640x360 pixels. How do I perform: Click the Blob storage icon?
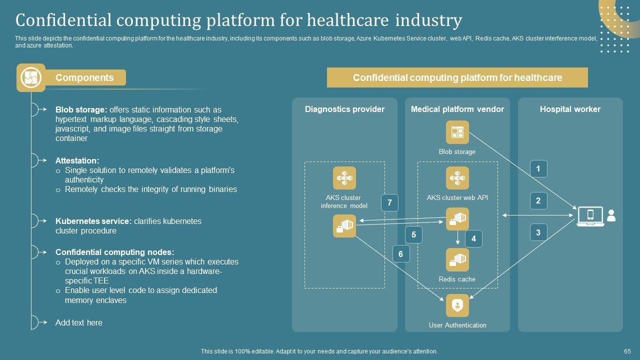point(457,132)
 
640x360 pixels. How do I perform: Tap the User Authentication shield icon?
point(457,305)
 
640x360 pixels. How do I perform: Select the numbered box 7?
point(389,202)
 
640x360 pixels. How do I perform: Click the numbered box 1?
point(538,169)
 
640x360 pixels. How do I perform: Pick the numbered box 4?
point(473,238)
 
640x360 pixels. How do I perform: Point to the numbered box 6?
point(400,254)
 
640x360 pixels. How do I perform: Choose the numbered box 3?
point(538,232)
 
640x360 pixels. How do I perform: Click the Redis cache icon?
point(457,259)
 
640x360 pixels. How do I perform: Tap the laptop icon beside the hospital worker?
point(590,216)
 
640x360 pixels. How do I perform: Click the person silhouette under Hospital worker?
point(611,215)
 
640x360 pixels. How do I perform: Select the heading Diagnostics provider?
point(344,109)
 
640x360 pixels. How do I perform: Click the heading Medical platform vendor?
point(457,109)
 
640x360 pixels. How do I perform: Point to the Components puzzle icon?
point(31,77)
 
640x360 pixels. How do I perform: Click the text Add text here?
point(79,322)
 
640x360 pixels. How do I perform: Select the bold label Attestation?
point(77,160)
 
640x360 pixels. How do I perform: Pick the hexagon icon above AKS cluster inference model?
point(344,178)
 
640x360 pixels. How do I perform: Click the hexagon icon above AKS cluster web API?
point(457,178)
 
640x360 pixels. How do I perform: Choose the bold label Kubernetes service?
point(93,221)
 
